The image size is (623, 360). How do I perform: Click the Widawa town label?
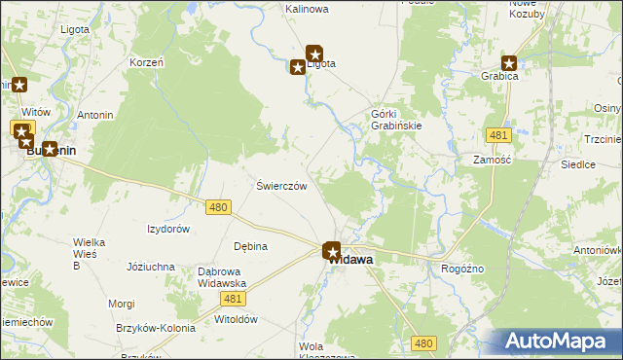[x=351, y=261]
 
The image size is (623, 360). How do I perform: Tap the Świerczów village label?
[x=281, y=186]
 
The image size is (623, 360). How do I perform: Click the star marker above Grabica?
[x=508, y=61]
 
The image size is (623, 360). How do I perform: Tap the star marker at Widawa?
[x=332, y=251]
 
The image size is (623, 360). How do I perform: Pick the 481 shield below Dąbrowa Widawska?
[x=232, y=297]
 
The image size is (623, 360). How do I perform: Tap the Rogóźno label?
[x=462, y=269]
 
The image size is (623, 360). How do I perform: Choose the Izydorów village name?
[x=167, y=229]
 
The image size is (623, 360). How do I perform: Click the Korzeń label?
[x=146, y=62]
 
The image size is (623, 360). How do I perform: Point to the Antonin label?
[x=95, y=116]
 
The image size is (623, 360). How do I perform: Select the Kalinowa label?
[x=307, y=9]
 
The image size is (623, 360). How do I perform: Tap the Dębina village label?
[x=250, y=246]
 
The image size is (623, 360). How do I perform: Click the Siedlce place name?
[x=578, y=164]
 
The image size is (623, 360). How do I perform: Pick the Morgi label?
[x=122, y=304]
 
